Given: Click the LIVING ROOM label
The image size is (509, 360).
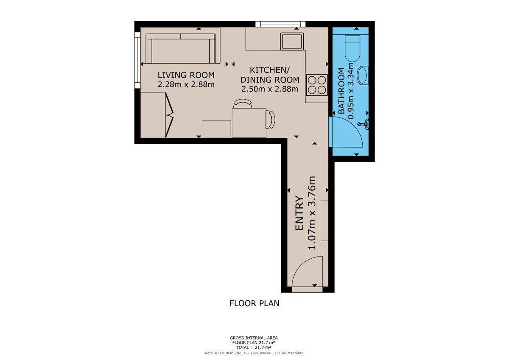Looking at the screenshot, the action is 186,75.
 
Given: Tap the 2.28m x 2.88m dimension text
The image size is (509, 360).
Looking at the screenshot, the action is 186,84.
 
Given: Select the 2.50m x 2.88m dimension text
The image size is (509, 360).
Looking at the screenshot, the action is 270,89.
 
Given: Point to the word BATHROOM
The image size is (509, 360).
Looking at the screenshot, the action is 341,91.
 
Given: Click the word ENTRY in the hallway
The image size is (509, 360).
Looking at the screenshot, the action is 299,213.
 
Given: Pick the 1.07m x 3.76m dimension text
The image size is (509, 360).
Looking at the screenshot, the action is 312,213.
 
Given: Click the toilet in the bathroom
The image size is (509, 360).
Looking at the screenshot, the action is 352,49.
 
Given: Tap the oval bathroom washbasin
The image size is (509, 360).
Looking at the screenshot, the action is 363,75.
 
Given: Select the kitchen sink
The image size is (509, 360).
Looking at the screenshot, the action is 292,41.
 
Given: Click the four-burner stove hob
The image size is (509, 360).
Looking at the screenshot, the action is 317,85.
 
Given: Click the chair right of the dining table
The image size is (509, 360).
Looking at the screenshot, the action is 271,120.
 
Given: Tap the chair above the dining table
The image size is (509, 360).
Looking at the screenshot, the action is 243,103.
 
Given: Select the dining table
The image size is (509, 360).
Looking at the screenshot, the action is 249,123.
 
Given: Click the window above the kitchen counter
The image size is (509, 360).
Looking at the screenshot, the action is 280,24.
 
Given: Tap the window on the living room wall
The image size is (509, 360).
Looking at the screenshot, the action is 137,60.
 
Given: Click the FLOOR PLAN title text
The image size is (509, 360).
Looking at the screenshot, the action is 254,304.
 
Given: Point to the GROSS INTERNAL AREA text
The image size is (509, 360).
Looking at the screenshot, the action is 254,338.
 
